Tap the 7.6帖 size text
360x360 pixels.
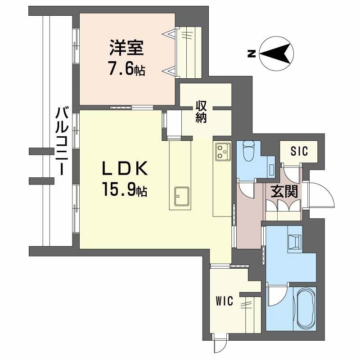[x=126, y=69]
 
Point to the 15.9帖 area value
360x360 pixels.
[x=121, y=191]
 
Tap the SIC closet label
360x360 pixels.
[x=298, y=151]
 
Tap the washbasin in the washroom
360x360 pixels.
[x=295, y=242]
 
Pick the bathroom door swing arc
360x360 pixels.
[x=275, y=295]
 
